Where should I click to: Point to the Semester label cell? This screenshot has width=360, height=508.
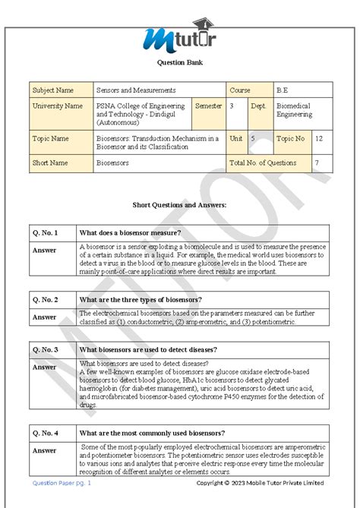tap(208, 106)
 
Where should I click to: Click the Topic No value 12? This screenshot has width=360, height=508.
tap(318, 139)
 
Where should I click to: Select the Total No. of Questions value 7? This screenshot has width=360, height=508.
tap(317, 163)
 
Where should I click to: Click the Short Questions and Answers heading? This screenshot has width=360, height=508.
tap(179, 206)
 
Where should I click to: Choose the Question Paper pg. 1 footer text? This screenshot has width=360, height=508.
tap(61, 483)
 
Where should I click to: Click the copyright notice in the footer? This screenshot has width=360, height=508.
tap(260, 483)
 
